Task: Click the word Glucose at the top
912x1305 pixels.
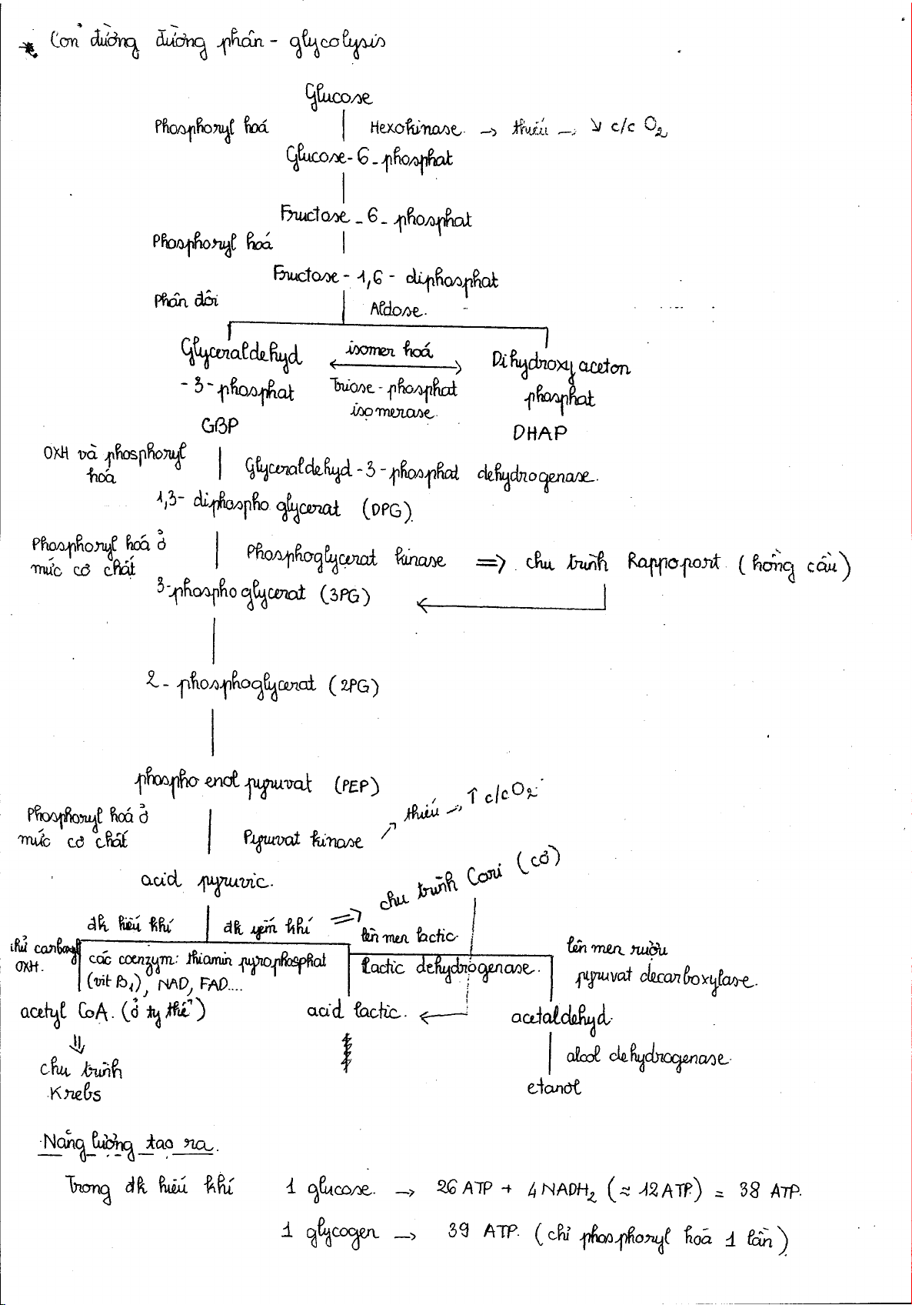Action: (339, 97)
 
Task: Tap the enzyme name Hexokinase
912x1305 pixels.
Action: (415, 128)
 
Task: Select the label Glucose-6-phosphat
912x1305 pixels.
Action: (369, 158)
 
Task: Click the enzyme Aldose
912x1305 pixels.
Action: (397, 311)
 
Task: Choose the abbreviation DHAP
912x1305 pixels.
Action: (540, 433)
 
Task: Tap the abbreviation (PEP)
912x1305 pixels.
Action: (357, 786)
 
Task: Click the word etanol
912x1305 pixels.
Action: (554, 1087)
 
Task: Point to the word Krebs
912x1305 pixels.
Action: (74, 1093)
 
